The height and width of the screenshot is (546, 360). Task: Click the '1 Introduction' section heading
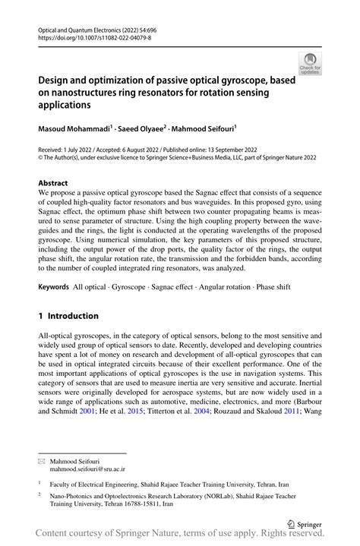tap(68, 315)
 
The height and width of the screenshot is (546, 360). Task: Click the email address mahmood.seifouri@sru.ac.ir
tap(87, 469)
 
